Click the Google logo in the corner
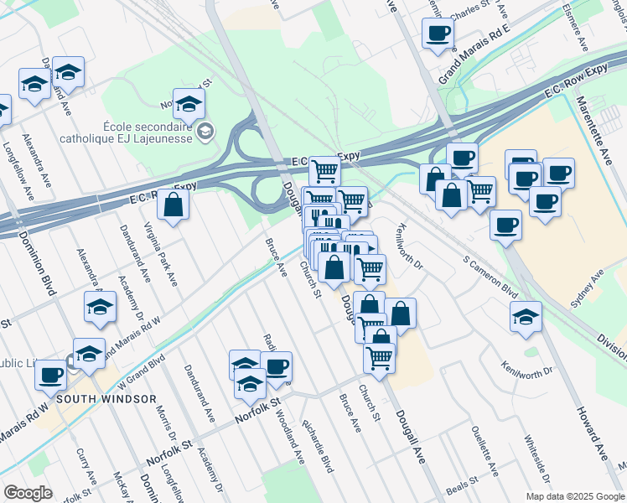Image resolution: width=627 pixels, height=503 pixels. pyautogui.click(x=28, y=493)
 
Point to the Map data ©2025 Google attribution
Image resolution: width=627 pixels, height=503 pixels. pyautogui.click(x=574, y=496)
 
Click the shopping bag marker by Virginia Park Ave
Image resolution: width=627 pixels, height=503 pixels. pyautogui.click(x=173, y=205)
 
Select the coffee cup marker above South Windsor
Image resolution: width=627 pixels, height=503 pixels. pyautogui.click(x=51, y=375)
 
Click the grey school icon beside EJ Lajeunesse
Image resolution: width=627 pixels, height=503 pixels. pyautogui.click(x=205, y=131)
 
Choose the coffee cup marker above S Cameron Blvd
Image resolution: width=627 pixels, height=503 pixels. pyautogui.click(x=506, y=226)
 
